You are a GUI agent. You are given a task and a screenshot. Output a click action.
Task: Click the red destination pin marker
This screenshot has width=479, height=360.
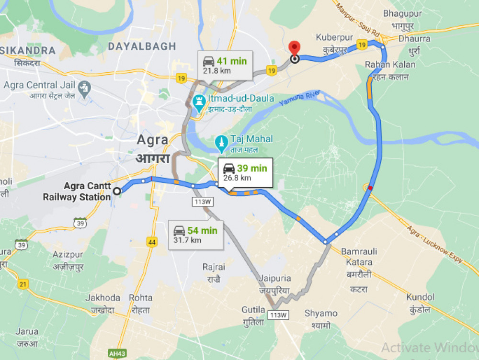[x=294, y=48]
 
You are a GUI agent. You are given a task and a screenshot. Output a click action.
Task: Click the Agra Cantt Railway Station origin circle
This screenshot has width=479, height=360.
[x=116, y=191]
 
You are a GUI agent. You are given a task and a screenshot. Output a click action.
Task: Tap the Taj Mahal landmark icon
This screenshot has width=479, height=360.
[x=220, y=141]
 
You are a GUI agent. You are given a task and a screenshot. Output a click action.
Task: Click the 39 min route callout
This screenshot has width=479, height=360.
[x=245, y=173]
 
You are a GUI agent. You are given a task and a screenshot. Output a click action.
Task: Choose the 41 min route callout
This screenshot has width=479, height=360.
[x=225, y=66]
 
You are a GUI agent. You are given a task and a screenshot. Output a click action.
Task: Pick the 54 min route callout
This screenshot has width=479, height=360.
[x=195, y=235]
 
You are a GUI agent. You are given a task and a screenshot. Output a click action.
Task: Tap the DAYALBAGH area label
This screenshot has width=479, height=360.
[x=142, y=46]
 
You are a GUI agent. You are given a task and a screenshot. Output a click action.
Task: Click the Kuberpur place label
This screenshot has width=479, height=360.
[x=334, y=38]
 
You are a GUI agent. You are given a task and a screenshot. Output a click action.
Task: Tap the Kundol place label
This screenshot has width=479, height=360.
[x=420, y=297]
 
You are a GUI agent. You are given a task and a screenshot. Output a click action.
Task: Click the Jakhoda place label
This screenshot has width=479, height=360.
[x=103, y=298]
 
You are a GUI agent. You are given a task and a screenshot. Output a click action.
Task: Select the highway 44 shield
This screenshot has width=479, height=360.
[x=152, y=242]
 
